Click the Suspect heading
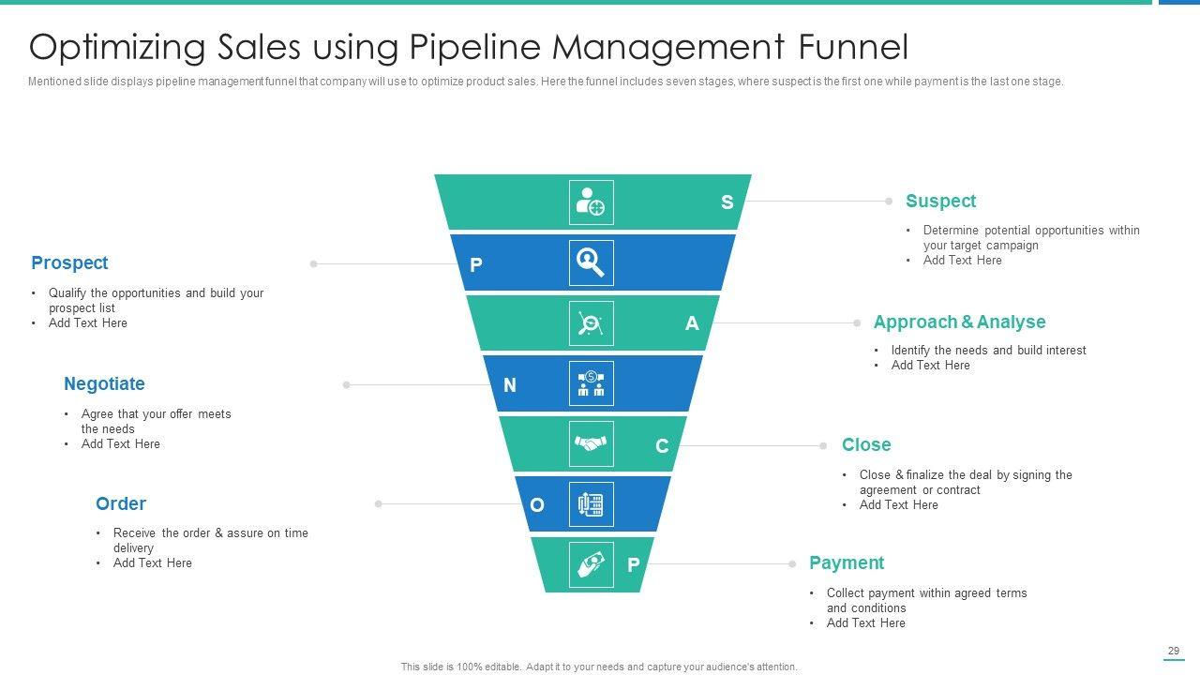[x=940, y=202]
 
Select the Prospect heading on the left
[x=69, y=263]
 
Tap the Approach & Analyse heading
[x=959, y=322]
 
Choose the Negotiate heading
[x=104, y=384]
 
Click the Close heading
[x=866, y=445]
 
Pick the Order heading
[x=121, y=504]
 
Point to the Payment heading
[x=847, y=563]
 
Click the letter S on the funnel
[x=727, y=202]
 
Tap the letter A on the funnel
[x=692, y=323]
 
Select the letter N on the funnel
[x=510, y=385]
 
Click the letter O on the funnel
[x=537, y=506]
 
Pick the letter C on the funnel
[x=662, y=446]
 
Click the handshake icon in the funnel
[x=591, y=444]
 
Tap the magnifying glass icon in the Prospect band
[x=591, y=262]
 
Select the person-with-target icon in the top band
[x=591, y=202]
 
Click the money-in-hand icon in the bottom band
[x=591, y=564]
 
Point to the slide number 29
[x=1174, y=651]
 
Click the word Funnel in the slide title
[x=854, y=47]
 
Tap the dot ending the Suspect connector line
[x=889, y=201]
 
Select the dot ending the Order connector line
[x=379, y=504]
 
